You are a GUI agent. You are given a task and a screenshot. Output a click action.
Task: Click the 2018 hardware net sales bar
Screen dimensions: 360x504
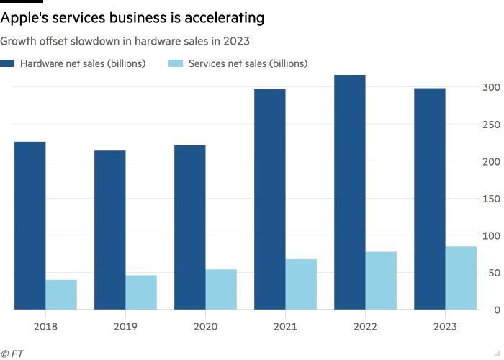tap(30, 225)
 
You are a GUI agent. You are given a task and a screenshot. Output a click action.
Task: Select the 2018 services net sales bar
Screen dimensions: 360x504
tap(61, 294)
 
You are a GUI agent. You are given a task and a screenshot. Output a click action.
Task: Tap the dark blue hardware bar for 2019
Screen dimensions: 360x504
tap(109, 230)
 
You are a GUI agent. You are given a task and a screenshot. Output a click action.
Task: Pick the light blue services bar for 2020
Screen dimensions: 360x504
tap(221, 289)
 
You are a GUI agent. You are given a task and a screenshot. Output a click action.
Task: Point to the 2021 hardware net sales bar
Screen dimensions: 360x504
tap(269, 199)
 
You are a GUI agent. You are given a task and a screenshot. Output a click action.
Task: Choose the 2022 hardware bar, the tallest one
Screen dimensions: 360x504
tap(349, 192)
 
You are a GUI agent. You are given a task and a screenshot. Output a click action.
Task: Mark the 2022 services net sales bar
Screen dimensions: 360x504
tap(381, 281)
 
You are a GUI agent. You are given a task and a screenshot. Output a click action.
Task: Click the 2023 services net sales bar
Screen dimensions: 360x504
tap(461, 278)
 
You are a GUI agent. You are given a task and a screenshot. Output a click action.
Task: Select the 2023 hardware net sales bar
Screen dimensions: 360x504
tap(429, 199)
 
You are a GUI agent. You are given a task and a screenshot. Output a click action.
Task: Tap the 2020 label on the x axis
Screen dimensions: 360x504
tap(205, 327)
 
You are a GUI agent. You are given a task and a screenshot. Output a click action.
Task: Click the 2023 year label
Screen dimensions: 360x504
tap(445, 327)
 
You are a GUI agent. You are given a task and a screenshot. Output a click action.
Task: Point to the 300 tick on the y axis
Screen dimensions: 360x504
tap(491, 87)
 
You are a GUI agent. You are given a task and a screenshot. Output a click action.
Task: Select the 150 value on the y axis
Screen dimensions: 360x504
tap(491, 199)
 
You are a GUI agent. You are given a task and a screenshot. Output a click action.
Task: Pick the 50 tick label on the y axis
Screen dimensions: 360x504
tap(493, 273)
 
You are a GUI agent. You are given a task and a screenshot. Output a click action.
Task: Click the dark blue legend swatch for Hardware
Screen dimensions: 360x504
tap(7, 63)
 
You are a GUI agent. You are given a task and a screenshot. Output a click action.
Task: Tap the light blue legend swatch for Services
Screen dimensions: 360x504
tap(176, 63)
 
